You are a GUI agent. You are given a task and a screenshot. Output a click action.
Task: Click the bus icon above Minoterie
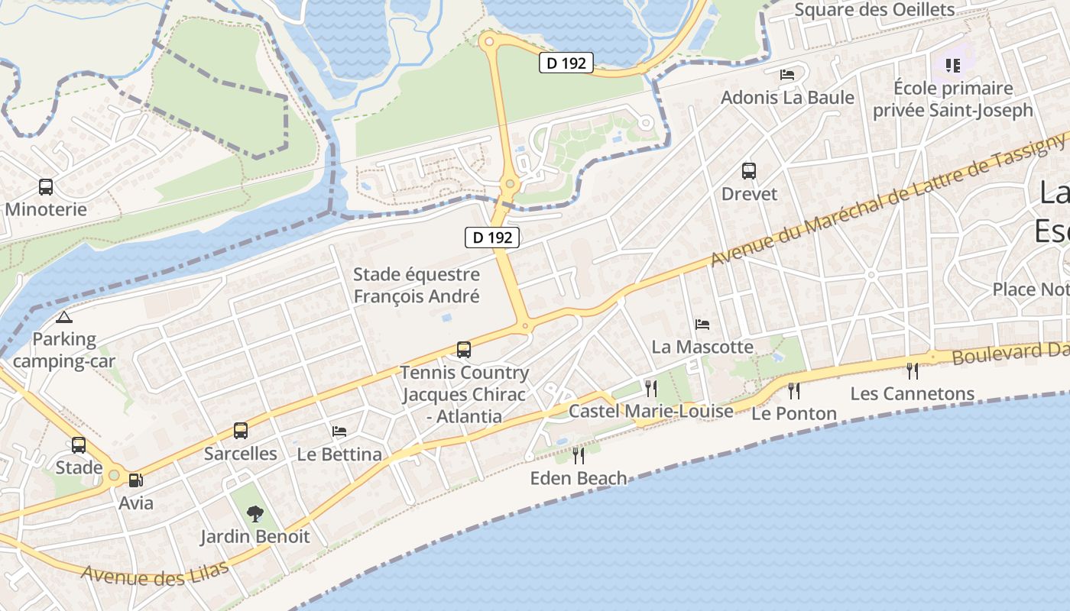pyautogui.click(x=46, y=186)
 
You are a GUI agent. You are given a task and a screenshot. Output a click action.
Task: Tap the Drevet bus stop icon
pyautogui.click(x=749, y=171)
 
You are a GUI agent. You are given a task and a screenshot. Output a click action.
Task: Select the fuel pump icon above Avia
pyautogui.click(x=135, y=480)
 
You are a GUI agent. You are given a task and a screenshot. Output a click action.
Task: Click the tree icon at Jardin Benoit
pyautogui.click(x=255, y=513)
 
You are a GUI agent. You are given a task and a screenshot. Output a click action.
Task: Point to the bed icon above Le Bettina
pyautogui.click(x=339, y=432)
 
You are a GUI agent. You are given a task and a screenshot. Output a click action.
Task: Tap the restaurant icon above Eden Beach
pyautogui.click(x=579, y=455)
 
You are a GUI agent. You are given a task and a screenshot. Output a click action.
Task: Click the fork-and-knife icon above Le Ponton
pyautogui.click(x=794, y=390)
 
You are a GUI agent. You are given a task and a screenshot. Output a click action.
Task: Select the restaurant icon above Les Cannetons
pyautogui.click(x=912, y=370)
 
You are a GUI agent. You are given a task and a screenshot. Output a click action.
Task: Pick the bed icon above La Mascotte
pyautogui.click(x=702, y=325)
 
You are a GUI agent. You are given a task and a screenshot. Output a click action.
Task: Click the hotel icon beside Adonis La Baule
pyautogui.click(x=787, y=75)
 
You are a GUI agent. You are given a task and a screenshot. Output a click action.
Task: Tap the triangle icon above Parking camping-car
pyautogui.click(x=63, y=317)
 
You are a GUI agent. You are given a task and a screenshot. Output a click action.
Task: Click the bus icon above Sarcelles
pyautogui.click(x=241, y=431)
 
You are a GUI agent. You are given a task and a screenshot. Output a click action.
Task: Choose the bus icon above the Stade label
pyautogui.click(x=79, y=445)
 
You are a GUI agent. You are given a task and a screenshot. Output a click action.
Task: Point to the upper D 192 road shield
pyautogui.click(x=566, y=63)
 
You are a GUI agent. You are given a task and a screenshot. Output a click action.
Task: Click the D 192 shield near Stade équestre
pyautogui.click(x=492, y=237)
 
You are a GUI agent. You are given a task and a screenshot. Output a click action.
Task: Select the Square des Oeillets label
pyautogui.click(x=874, y=10)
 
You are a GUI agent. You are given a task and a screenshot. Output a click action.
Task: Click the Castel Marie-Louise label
pyautogui.click(x=651, y=411)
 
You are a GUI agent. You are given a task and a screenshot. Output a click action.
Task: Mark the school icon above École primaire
pyautogui.click(x=952, y=66)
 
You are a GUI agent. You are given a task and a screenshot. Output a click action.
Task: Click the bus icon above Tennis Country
pyautogui.click(x=464, y=350)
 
